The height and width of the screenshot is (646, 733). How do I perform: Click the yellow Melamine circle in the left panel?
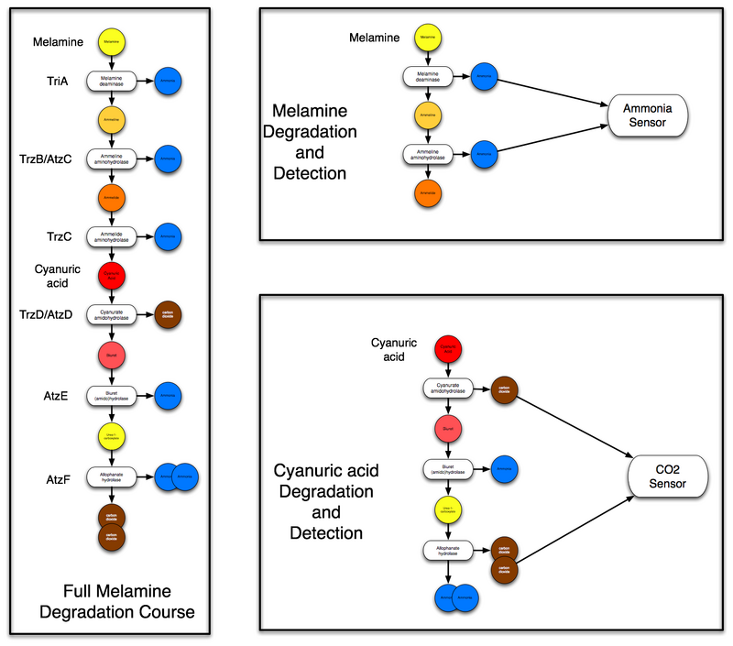[111, 42]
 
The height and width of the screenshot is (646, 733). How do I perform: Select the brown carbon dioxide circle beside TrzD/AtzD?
[170, 313]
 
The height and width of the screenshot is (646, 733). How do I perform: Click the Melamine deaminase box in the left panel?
[112, 81]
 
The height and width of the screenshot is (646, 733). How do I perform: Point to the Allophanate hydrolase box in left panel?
[112, 476]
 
